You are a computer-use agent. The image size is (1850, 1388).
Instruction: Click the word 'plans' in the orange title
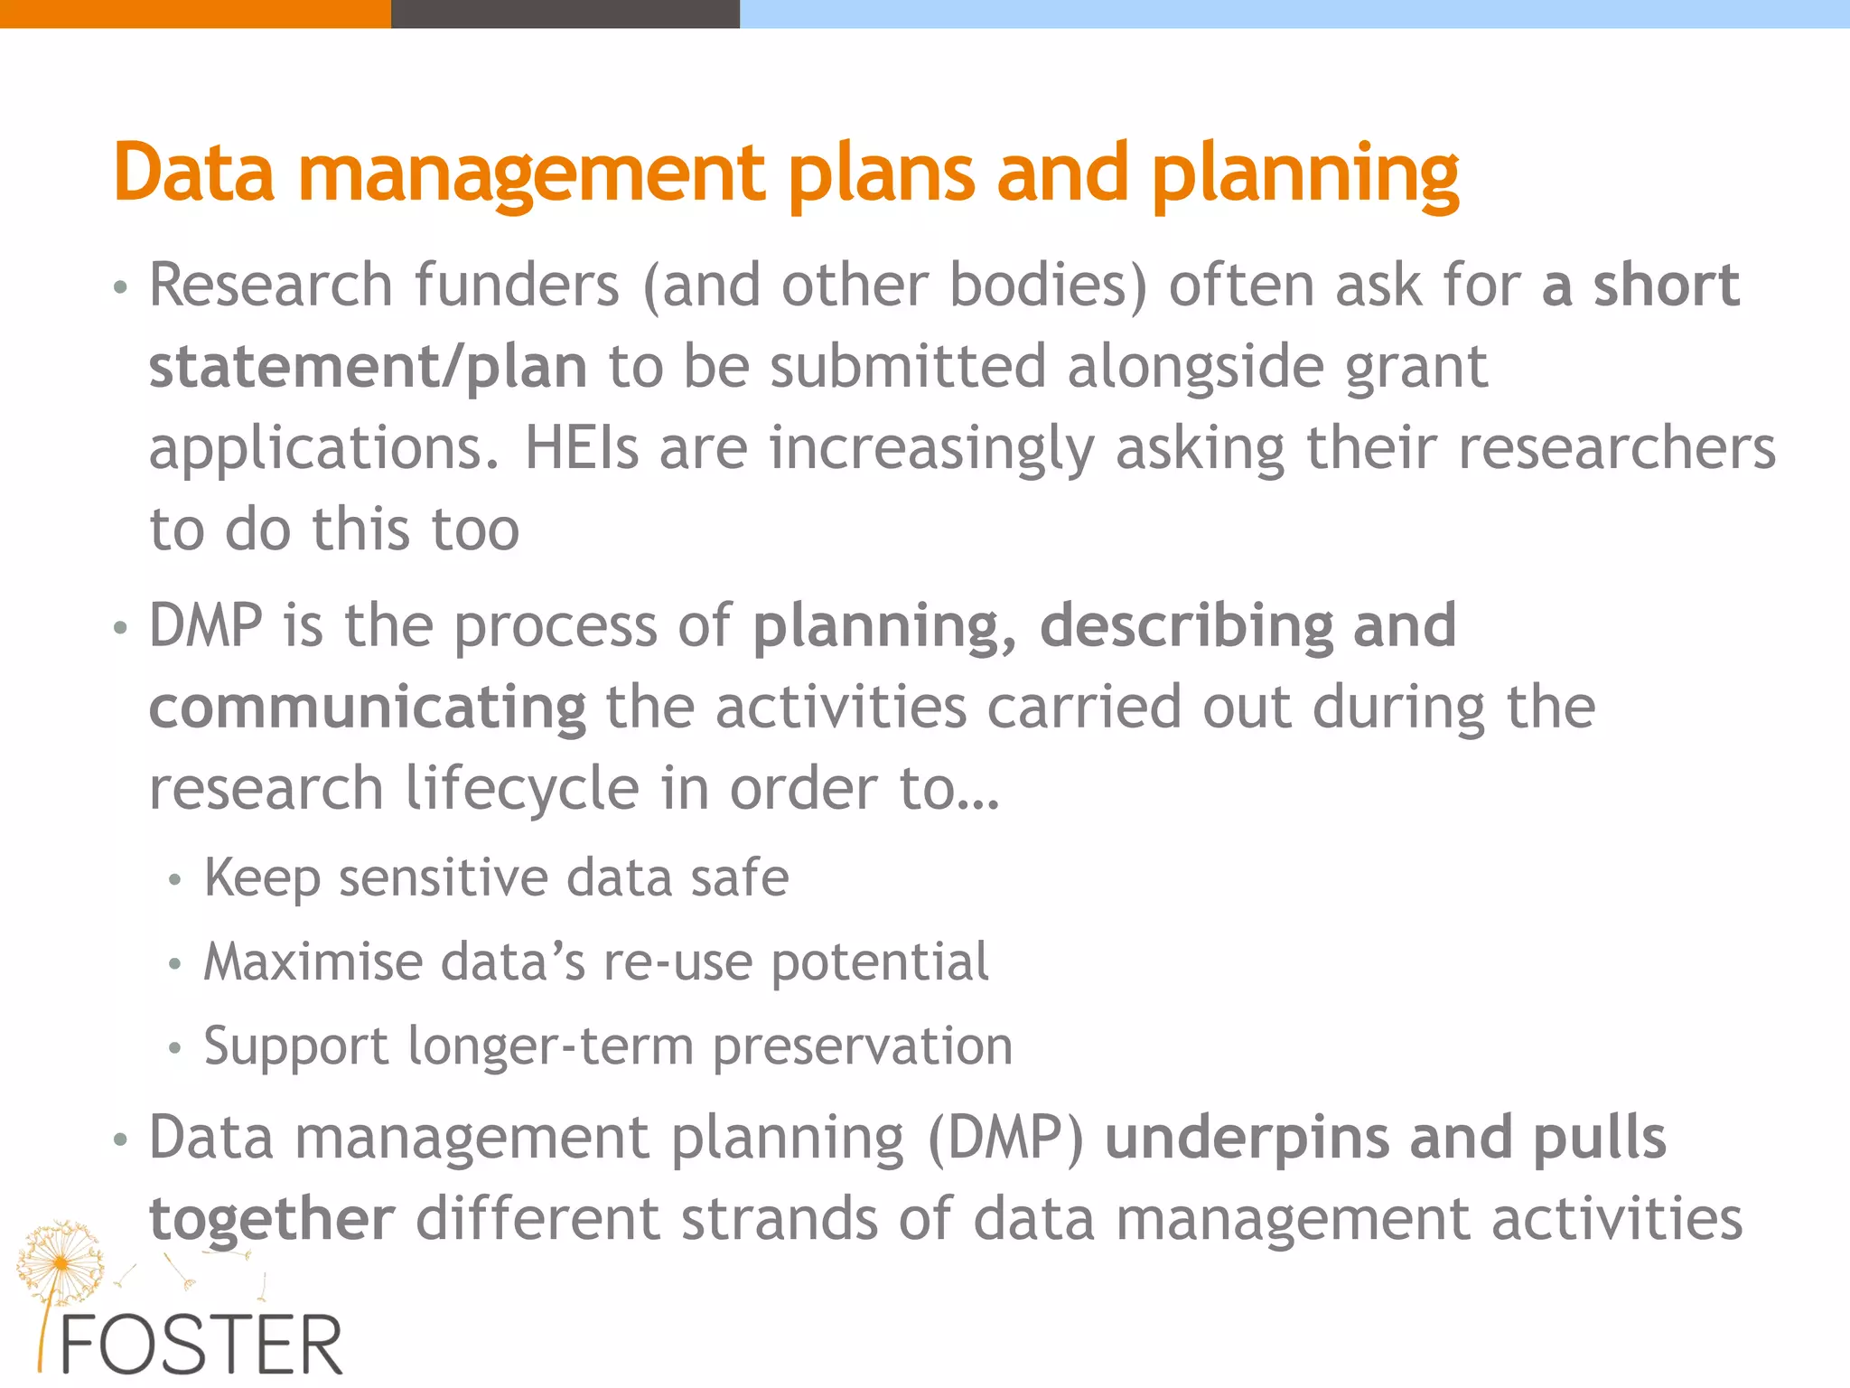click(x=882, y=173)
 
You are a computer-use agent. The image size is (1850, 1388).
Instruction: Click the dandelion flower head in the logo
click(x=60, y=1260)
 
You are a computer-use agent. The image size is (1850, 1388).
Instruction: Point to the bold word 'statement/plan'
click(x=368, y=368)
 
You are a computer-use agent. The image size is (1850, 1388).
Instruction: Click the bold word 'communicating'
click(x=367, y=708)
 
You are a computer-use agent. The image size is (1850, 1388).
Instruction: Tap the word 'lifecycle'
click(x=522, y=788)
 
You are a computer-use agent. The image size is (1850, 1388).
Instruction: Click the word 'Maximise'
click(x=313, y=961)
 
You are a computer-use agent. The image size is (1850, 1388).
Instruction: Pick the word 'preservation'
click(x=863, y=1046)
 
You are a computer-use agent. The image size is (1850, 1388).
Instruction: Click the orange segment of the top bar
click(x=195, y=14)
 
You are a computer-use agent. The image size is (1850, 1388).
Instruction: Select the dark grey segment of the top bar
click(x=565, y=14)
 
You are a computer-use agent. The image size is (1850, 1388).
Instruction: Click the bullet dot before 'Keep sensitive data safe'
click(x=175, y=879)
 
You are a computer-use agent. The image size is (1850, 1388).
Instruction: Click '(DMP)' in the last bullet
click(x=1005, y=1139)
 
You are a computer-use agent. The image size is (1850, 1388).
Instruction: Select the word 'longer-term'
click(x=550, y=1046)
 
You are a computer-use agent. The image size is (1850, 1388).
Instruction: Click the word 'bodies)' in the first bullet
click(x=1048, y=286)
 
